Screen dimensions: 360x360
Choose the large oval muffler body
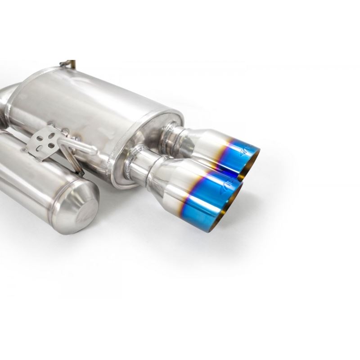pyautogui.click(x=81, y=108)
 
